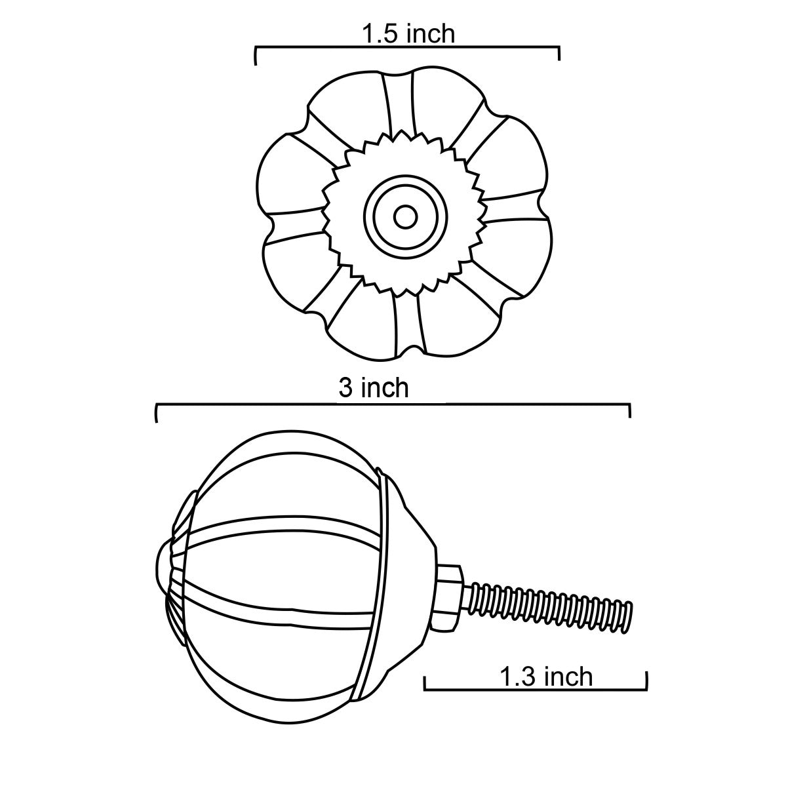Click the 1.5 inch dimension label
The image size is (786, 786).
point(408,34)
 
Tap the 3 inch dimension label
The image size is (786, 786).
point(374,388)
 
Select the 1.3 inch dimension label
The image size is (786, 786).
point(546,677)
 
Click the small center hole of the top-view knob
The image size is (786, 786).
point(404,217)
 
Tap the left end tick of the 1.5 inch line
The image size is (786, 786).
point(256,56)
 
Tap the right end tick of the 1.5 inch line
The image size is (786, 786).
point(559,53)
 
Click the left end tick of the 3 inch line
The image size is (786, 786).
point(157,412)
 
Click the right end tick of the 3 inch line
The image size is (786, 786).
point(629,410)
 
